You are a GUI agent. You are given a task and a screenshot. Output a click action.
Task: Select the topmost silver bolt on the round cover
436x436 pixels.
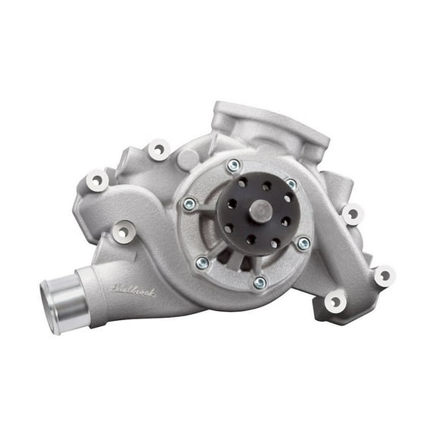tap(234, 165)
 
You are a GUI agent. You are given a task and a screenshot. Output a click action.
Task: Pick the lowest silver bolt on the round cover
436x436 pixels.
tap(259, 282)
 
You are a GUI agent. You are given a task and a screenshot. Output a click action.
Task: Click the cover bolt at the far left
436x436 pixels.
tap(188, 204)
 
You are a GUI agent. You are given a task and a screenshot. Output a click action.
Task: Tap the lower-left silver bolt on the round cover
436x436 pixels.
tap(202, 263)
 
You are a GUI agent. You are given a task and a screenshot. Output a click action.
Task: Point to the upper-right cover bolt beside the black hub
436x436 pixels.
tap(291, 184)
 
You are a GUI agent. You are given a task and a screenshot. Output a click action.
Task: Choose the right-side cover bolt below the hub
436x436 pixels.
tap(303, 243)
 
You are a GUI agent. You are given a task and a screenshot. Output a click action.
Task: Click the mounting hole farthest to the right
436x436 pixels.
tap(384, 276)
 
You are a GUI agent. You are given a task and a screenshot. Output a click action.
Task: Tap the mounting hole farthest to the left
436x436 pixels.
tap(97, 179)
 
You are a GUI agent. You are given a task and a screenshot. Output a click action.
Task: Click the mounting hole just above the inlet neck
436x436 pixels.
tap(122, 232)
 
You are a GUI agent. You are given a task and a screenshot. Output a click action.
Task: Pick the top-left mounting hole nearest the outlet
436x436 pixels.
tap(158, 148)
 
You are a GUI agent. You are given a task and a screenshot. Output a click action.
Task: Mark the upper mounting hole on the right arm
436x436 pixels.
tap(353, 213)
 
